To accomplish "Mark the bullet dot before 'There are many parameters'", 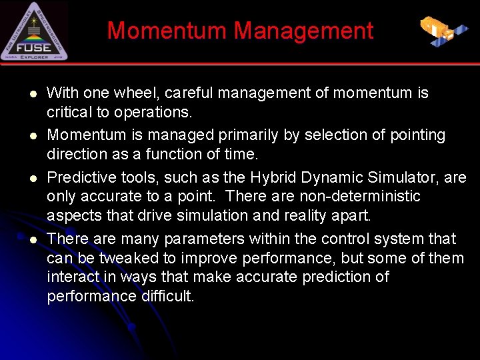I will pos(32,239).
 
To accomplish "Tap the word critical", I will pos(69,111).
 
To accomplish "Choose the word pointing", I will pos(418,135).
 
